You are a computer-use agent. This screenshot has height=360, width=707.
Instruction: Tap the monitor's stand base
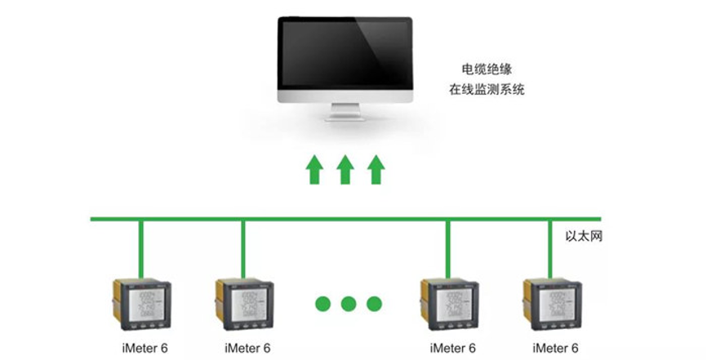click(345, 118)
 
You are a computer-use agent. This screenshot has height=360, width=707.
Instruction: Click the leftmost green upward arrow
click(314, 170)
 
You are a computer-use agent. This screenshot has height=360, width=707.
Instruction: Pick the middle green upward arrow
click(345, 170)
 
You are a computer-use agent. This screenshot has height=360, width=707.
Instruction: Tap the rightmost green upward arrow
click(376, 170)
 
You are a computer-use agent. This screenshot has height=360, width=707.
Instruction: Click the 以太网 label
click(585, 236)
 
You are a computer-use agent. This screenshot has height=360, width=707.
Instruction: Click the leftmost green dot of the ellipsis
click(322, 304)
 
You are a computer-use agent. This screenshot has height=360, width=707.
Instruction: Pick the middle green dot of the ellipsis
click(349, 304)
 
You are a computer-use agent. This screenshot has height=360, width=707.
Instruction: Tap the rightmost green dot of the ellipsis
click(374, 304)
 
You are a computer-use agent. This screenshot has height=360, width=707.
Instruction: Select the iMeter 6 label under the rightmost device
click(554, 348)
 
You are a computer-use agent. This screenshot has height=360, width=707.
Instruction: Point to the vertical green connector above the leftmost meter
click(141, 249)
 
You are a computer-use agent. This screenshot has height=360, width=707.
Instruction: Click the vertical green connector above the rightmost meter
click(551, 249)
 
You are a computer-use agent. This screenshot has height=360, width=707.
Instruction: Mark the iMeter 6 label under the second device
click(247, 348)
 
